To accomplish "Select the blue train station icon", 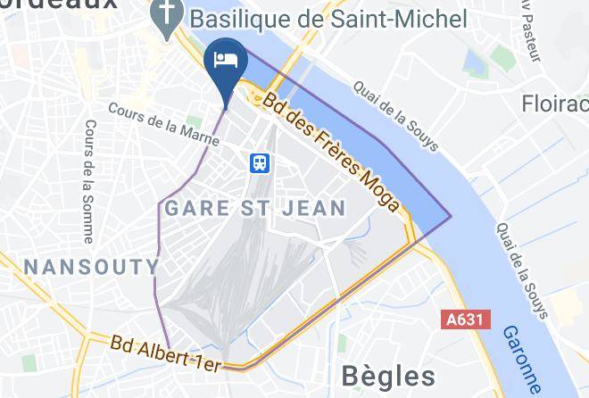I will tap(260, 162).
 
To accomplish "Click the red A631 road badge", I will tap(466, 319).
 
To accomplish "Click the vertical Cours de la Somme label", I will tap(87, 181).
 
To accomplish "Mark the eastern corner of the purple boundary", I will tap(452, 216).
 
